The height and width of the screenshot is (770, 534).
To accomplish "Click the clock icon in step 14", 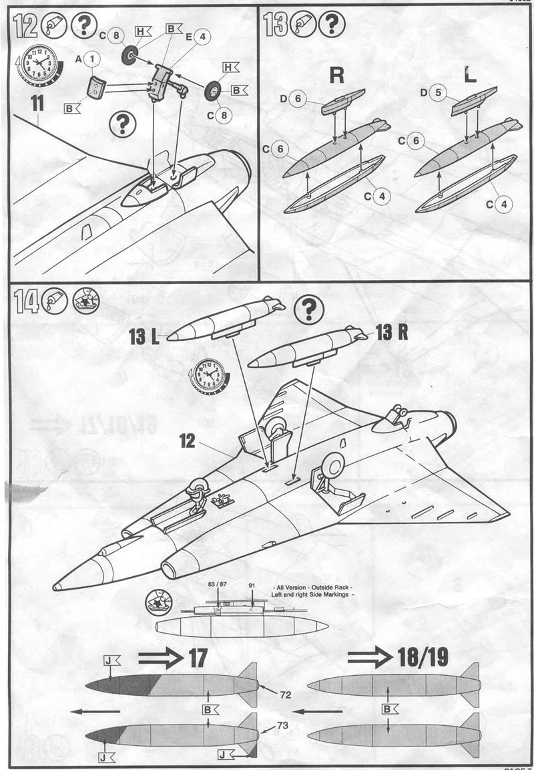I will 208,375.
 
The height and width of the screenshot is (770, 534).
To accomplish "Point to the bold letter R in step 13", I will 338,75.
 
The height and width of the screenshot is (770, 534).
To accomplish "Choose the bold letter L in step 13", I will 470,75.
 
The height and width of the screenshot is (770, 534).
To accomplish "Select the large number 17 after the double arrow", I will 197,658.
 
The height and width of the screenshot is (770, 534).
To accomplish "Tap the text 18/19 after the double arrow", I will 425,658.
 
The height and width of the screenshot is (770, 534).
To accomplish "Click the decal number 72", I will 285,695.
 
